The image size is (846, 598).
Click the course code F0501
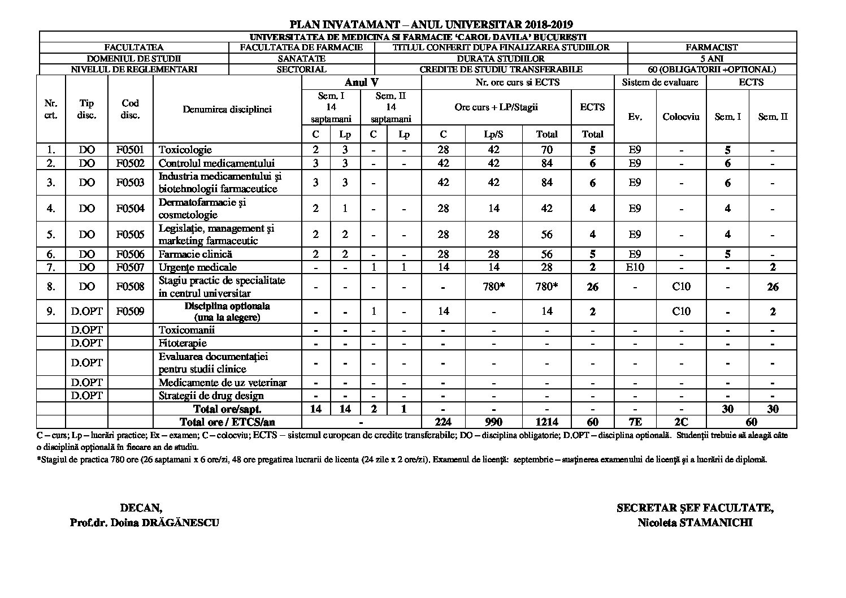pyautogui.click(x=130, y=150)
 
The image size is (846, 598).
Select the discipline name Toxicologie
pyautogui.click(x=185, y=150)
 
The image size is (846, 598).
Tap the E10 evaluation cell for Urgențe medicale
pyautogui.click(x=635, y=267)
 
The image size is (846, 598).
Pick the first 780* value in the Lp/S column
pyautogui.click(x=493, y=287)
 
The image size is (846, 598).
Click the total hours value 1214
pyautogui.click(x=546, y=422)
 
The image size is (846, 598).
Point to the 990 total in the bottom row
pyautogui.click(x=493, y=422)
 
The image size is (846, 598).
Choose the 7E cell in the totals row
pyautogui.click(x=635, y=422)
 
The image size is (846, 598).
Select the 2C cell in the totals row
pyautogui.click(x=681, y=422)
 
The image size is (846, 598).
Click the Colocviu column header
pyautogui.click(x=681, y=116)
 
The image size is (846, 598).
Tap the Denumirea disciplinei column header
pyautogui.click(x=227, y=109)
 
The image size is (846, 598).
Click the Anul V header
pyautogui.click(x=362, y=83)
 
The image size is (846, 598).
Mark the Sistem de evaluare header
pyautogui.click(x=660, y=83)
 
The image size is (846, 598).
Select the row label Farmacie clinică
pyautogui.click(x=196, y=254)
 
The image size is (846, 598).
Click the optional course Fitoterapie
pyautogui.click(x=183, y=343)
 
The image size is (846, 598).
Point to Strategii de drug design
pyautogui.click(x=211, y=396)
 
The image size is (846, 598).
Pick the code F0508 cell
pyautogui.click(x=130, y=287)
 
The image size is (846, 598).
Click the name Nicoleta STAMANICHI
pyautogui.click(x=695, y=522)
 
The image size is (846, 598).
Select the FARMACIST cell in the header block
pyautogui.click(x=711, y=47)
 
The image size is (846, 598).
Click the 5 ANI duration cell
pyautogui.click(x=711, y=58)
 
